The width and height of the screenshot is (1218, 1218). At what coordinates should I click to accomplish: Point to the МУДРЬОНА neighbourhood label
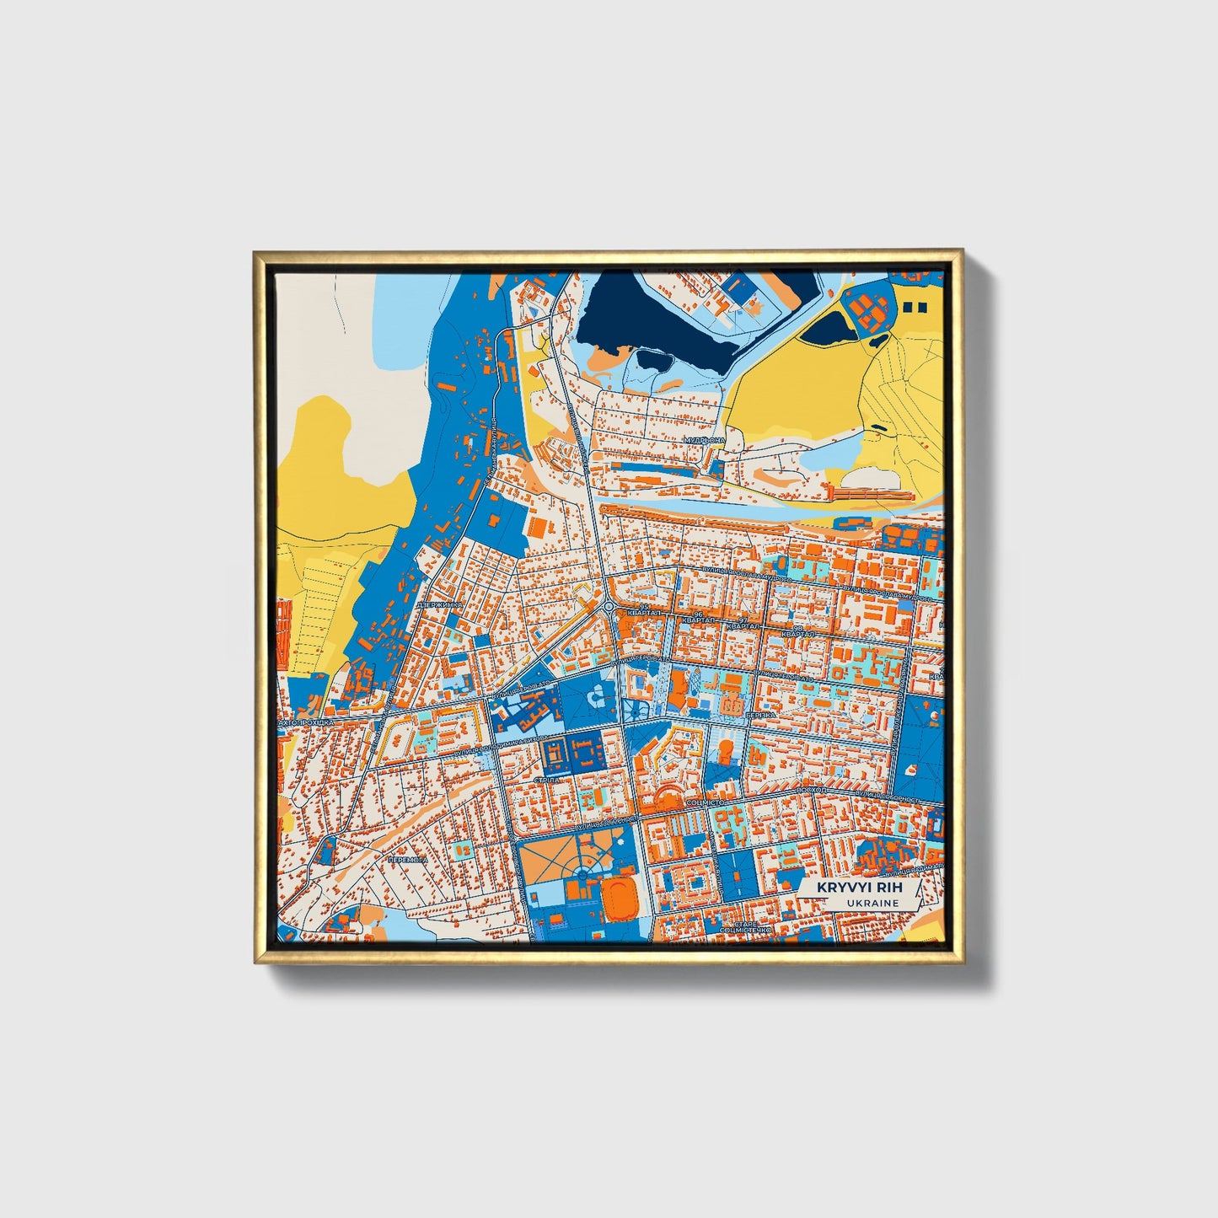(x=705, y=441)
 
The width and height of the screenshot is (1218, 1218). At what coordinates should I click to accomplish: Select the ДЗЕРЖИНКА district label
(x=439, y=605)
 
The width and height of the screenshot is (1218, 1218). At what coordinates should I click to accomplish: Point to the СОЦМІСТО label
(x=706, y=804)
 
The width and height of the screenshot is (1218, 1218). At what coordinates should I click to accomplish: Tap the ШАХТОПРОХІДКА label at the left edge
(x=307, y=723)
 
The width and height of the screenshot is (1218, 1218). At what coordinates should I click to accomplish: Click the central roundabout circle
(x=609, y=607)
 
